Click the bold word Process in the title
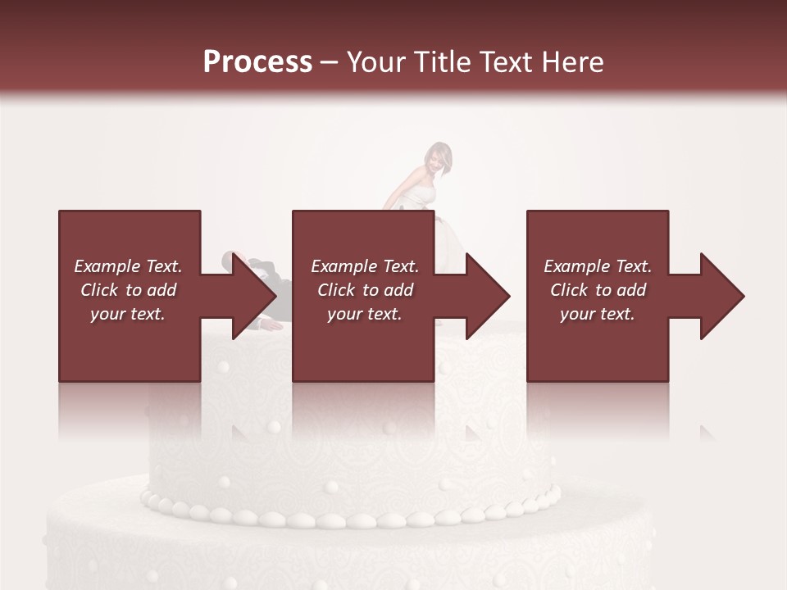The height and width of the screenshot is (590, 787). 257,62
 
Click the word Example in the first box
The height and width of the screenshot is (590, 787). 107,266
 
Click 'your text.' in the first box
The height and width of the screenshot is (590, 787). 128,314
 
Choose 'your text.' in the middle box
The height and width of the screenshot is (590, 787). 365,314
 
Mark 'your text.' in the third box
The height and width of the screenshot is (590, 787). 598,314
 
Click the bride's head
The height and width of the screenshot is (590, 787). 438,157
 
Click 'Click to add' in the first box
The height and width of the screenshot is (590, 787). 128,290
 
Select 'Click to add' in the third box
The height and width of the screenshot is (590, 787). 598,290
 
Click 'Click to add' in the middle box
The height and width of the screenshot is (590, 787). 365,290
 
